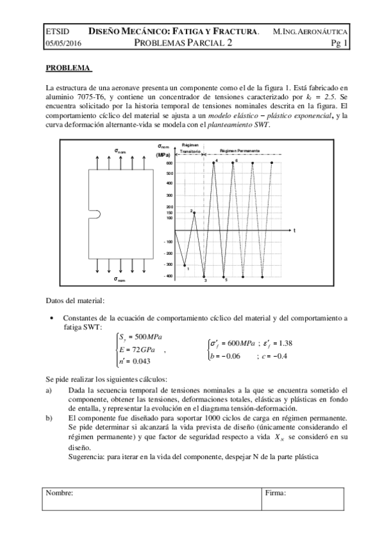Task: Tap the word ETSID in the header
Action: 57,31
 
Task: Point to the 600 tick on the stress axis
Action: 170,163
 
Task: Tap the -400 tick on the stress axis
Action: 169,276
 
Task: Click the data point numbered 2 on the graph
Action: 194,212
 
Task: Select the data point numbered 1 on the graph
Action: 185,264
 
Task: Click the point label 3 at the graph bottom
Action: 205,280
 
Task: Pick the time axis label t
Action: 294,229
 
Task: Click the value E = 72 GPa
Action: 135,350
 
